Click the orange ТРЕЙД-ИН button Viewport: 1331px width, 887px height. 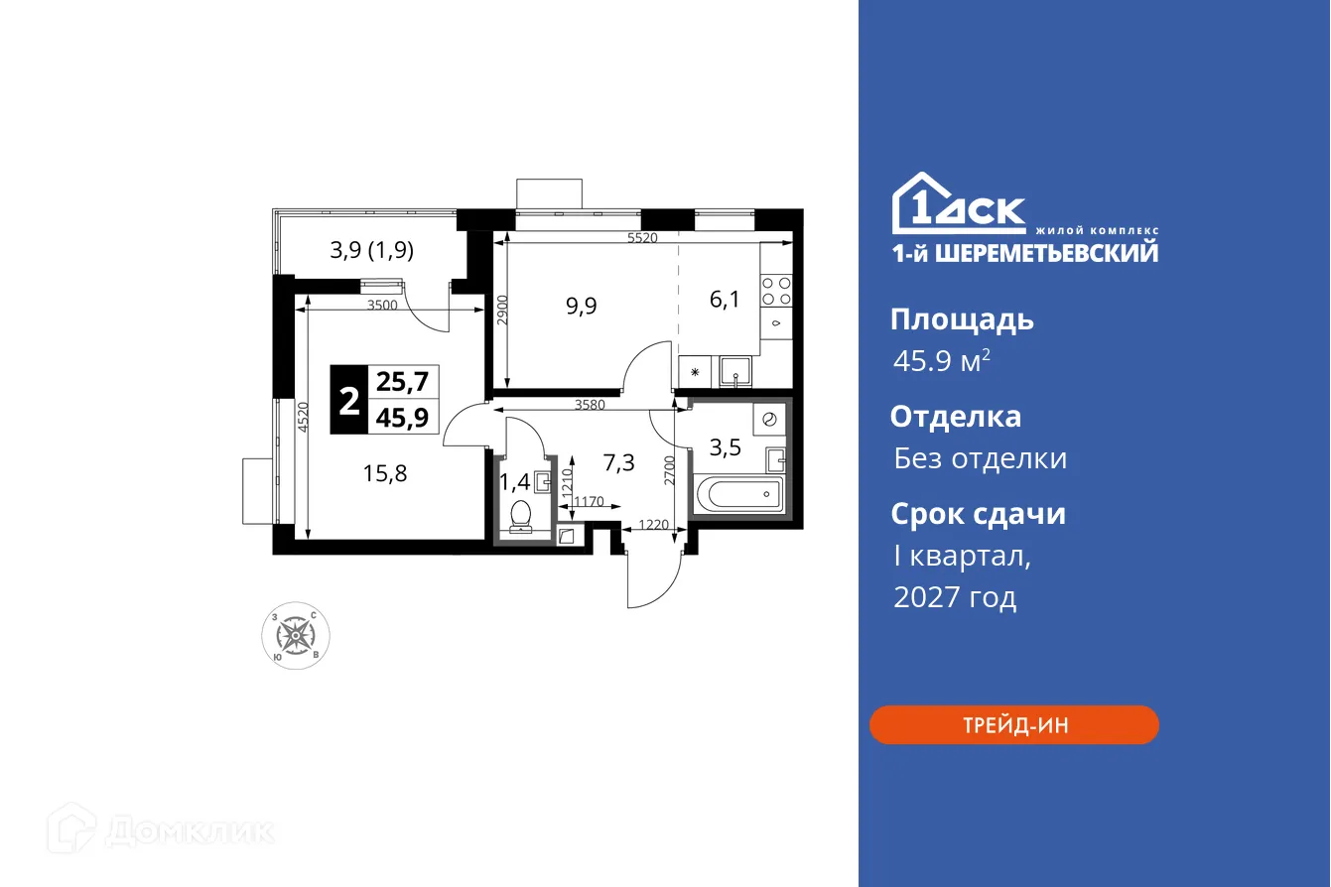click(1013, 725)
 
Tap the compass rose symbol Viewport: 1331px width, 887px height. click(295, 633)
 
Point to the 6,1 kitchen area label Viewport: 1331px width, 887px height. click(724, 300)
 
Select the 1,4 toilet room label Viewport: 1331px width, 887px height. click(514, 483)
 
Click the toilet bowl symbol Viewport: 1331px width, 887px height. click(520, 516)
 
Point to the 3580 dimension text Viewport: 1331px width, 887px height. click(591, 405)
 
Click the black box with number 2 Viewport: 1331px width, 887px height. click(349, 401)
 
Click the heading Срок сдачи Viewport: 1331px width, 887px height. click(978, 514)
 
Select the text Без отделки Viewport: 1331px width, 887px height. click(980, 458)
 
